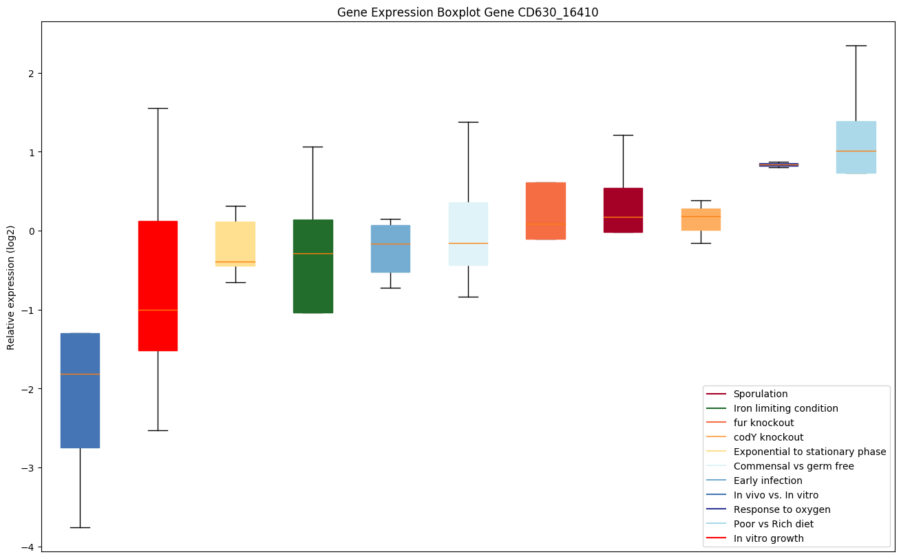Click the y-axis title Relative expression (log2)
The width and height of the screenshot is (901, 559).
tap(11, 286)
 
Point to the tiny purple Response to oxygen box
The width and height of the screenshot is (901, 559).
tap(778, 165)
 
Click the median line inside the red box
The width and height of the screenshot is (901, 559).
tap(158, 310)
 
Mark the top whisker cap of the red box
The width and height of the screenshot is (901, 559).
tap(158, 108)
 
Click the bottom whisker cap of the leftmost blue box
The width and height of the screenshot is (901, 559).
tap(80, 527)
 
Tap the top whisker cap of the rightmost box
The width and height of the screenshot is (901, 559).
tap(856, 45)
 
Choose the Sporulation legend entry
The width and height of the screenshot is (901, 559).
tap(761, 394)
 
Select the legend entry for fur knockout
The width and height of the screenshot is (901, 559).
tap(763, 423)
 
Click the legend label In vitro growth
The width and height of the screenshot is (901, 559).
tap(768, 538)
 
